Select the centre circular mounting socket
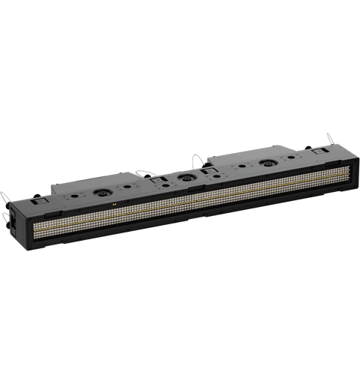(x=182, y=178)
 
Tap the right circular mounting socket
(x=265, y=162)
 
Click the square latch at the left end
(x=39, y=202)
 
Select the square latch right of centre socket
(x=208, y=173)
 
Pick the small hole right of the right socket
(x=289, y=158)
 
